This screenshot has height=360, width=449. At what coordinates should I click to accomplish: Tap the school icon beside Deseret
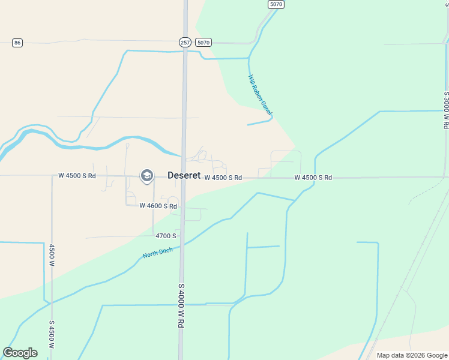tap(146, 176)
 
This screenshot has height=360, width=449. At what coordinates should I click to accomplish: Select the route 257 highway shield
tap(185, 43)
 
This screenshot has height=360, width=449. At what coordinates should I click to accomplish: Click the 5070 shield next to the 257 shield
tap(203, 43)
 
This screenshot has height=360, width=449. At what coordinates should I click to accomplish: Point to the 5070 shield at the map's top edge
tap(276, 4)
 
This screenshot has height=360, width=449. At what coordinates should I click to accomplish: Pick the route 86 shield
tap(17, 43)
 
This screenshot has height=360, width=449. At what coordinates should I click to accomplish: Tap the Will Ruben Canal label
tap(261, 95)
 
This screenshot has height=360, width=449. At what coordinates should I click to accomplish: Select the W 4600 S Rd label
tap(158, 206)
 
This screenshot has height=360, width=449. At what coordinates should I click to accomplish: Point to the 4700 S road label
tap(166, 236)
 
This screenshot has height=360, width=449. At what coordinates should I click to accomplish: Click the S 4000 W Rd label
tap(179, 305)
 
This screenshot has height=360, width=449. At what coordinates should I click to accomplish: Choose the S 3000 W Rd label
tap(446, 110)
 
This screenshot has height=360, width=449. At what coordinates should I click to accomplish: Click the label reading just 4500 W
tap(52, 256)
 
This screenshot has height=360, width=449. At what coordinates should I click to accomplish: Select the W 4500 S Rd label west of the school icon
tap(77, 176)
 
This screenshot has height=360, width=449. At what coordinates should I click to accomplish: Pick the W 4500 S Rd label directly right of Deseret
tap(223, 178)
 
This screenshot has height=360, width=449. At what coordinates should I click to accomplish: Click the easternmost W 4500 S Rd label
tap(313, 178)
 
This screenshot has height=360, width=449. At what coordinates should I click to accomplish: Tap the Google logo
tap(20, 353)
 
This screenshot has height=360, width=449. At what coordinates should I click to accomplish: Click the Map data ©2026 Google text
tap(412, 355)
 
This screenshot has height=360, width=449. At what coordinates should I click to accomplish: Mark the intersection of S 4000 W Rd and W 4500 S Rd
tap(184, 177)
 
